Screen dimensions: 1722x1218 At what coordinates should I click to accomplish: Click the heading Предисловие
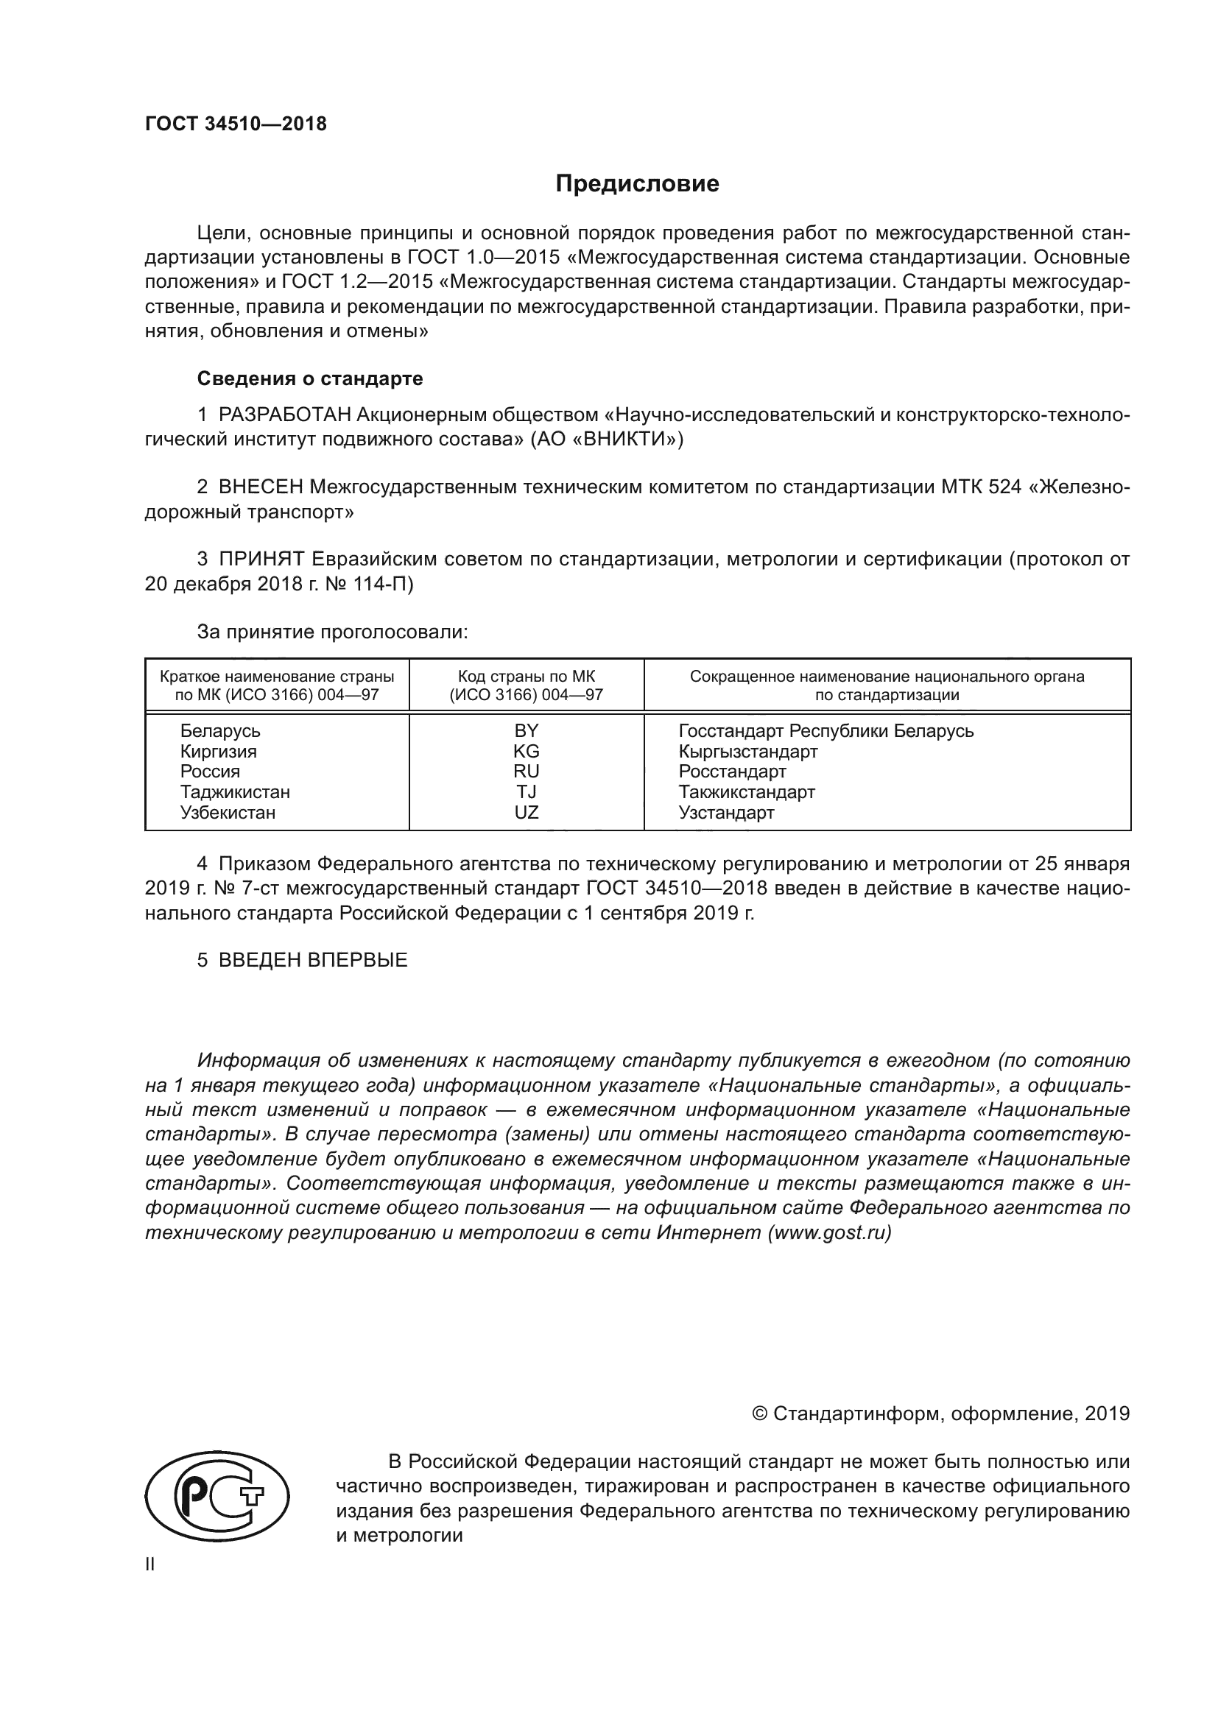tap(637, 184)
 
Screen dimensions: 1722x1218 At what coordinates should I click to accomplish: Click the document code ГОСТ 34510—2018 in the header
tap(236, 124)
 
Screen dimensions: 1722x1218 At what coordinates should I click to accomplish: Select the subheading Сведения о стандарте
tap(310, 378)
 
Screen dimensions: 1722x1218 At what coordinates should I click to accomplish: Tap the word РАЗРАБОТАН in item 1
tap(284, 414)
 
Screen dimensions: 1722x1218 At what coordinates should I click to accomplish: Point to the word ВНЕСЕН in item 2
tap(261, 487)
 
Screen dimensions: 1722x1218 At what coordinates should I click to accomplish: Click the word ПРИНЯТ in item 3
tap(261, 560)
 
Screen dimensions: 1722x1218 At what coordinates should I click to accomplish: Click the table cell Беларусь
tap(219, 730)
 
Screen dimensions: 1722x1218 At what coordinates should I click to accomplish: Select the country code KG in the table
tap(526, 751)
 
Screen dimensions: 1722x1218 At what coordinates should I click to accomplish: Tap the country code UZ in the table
tap(526, 812)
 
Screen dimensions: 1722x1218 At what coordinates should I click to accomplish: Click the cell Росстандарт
tap(732, 771)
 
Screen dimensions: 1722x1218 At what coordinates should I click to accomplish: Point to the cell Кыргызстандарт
tap(747, 751)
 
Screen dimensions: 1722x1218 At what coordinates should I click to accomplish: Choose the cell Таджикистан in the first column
tap(235, 792)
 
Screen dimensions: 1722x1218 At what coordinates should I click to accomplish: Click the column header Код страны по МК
tap(526, 677)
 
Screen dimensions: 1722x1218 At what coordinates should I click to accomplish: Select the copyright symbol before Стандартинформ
tap(759, 1414)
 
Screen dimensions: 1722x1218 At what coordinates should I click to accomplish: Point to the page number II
tap(149, 1564)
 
